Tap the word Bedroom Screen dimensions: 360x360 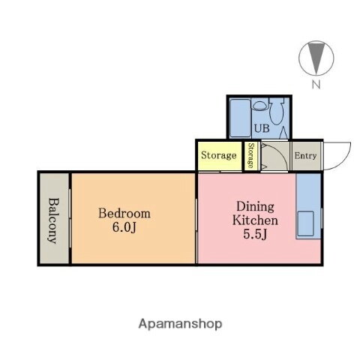(x=124, y=213)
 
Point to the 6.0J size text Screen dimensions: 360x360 (x=124, y=228)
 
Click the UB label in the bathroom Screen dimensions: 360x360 (x=260, y=128)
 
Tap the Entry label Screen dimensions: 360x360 (x=305, y=156)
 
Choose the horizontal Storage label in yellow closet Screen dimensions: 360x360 (x=219, y=156)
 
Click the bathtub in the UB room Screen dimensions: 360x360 (x=240, y=117)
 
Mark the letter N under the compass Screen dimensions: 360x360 (x=316, y=84)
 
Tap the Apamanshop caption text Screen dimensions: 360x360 (x=180, y=324)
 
